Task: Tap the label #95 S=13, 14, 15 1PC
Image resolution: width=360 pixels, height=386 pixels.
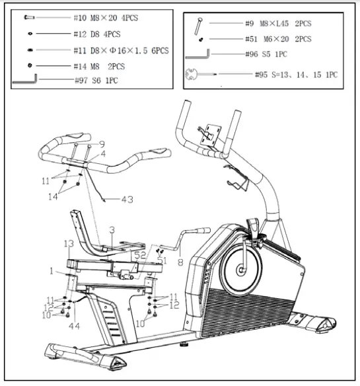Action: click(x=295, y=75)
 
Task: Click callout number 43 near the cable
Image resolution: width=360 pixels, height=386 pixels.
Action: click(x=126, y=198)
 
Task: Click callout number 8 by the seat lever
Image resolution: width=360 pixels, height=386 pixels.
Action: click(x=180, y=262)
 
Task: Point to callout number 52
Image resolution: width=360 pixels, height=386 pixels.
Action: click(x=139, y=254)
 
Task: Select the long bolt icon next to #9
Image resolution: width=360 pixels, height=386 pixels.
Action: click(x=197, y=25)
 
